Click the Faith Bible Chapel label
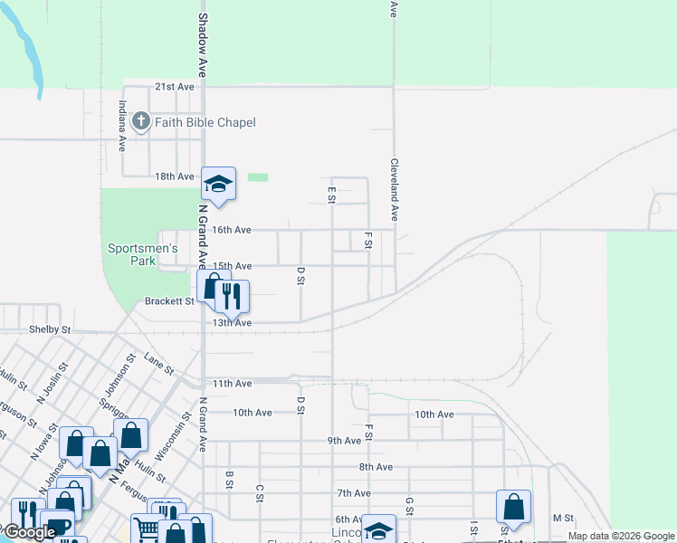(x=205, y=122)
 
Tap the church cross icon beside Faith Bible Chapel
(x=140, y=121)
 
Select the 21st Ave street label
(x=175, y=87)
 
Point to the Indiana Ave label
(x=121, y=125)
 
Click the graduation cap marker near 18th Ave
(x=217, y=185)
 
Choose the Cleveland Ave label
(x=395, y=190)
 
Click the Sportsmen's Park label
(x=143, y=254)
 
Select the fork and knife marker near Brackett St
(x=233, y=295)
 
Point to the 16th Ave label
(x=231, y=230)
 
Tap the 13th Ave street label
(x=231, y=322)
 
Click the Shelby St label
(x=50, y=330)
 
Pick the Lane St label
(x=158, y=365)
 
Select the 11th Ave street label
(x=231, y=384)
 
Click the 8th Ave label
(x=376, y=467)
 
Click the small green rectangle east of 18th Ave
(x=258, y=177)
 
